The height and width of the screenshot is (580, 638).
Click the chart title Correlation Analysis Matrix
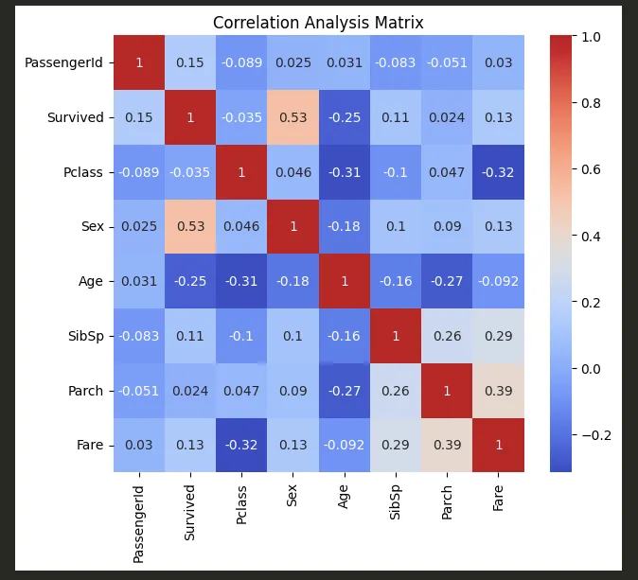click(318, 22)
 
